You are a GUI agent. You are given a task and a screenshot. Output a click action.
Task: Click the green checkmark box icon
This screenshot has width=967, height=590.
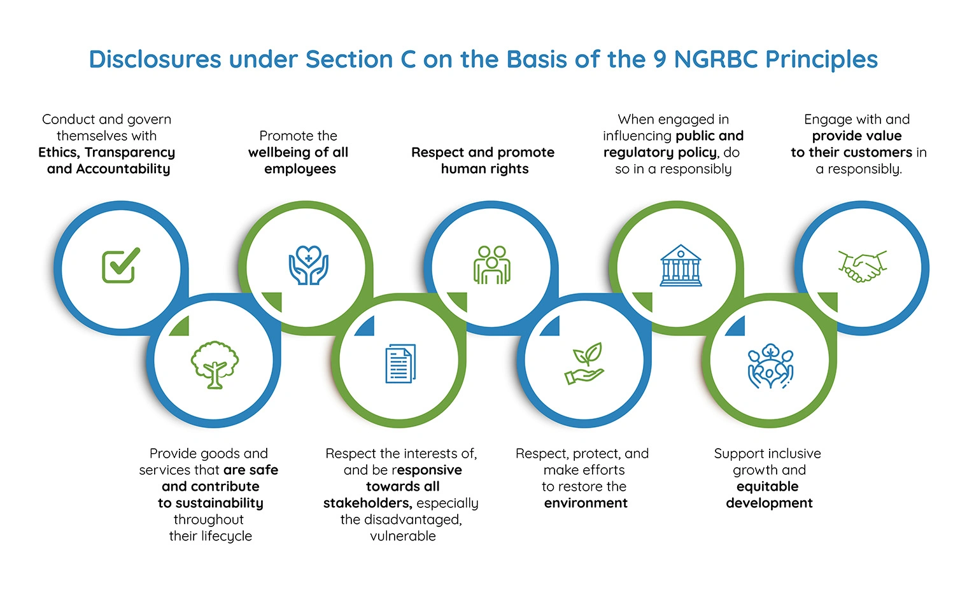point(121,265)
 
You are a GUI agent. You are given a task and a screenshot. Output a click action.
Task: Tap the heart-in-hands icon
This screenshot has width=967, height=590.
point(309,265)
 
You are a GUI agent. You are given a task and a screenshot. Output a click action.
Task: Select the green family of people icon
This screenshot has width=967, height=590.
point(491,265)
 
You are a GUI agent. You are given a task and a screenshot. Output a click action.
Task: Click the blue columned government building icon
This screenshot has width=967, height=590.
point(681,265)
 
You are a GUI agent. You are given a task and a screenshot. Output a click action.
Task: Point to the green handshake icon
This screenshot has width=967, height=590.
point(862,266)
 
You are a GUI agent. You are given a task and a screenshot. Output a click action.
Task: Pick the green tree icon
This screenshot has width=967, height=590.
point(215,365)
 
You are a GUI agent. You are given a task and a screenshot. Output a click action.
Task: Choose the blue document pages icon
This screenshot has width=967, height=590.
point(400,363)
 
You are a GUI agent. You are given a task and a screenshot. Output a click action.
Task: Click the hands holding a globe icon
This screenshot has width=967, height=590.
point(770,367)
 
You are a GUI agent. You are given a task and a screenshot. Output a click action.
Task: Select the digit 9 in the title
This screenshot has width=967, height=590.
point(660,59)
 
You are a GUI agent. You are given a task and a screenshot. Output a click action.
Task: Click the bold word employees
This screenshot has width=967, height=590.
point(300,169)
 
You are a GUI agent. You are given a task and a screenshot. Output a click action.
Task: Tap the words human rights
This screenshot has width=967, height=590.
point(484,169)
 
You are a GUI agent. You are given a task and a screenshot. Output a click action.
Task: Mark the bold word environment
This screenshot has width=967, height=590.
point(586,503)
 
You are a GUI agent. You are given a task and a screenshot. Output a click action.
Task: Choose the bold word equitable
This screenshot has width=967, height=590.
point(767,486)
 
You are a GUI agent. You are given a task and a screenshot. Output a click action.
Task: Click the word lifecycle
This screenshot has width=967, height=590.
point(226,536)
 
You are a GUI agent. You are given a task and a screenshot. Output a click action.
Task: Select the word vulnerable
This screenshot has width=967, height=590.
point(403,536)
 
